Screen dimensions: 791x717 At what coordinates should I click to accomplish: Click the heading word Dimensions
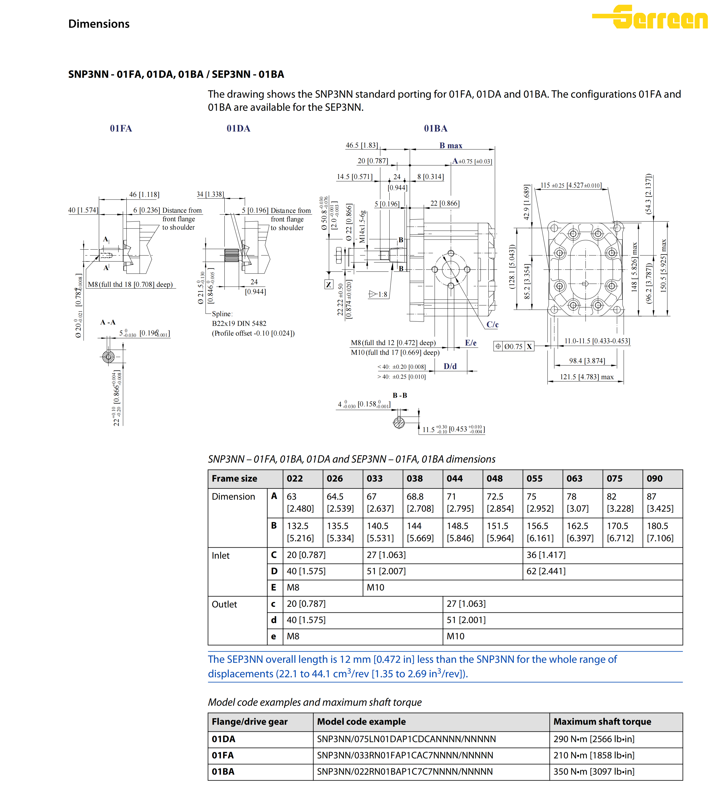99,24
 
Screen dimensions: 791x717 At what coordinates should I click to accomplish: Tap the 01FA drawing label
121,128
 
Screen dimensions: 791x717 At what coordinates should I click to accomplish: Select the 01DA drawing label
238,128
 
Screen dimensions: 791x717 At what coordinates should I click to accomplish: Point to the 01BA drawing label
435,128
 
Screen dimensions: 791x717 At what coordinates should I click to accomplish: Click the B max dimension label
451,146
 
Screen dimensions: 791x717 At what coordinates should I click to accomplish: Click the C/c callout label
492,325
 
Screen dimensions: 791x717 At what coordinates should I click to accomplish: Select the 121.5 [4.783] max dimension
586,377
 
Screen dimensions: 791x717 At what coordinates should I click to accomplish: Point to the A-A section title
108,322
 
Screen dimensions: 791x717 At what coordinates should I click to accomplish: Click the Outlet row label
224,604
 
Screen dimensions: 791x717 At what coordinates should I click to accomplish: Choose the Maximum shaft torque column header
602,722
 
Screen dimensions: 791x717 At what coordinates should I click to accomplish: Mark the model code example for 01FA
404,755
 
